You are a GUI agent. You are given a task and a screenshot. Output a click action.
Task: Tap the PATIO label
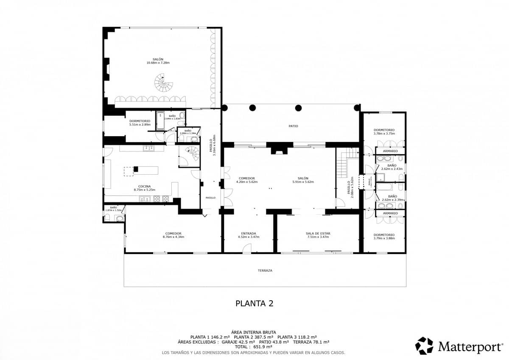pos(294,126)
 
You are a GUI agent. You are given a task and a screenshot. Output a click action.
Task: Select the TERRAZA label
pos(265,270)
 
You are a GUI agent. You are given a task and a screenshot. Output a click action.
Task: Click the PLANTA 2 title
pos(254,303)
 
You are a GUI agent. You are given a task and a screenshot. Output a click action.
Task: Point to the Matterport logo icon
pos(424,346)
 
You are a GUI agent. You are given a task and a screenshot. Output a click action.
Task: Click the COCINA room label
pos(144,186)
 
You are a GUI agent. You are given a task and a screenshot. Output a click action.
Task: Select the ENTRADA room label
pos(248,233)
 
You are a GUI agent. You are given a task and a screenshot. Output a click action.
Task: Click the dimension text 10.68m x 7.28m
pos(158,63)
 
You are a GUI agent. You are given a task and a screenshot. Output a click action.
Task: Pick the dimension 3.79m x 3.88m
pos(384,238)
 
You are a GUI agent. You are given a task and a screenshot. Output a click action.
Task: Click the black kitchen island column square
pos(136,169)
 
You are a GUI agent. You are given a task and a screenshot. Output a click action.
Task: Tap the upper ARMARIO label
pos(390,151)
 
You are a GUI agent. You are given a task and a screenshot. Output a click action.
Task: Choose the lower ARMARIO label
pos(390,213)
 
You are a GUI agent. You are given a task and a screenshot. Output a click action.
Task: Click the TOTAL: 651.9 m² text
pos(254,346)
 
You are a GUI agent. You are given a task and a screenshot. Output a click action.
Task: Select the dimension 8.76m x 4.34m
pos(173,237)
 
